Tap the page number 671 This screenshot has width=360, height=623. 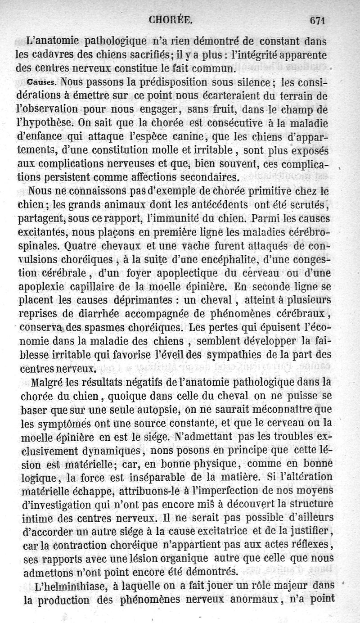click(x=317, y=19)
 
